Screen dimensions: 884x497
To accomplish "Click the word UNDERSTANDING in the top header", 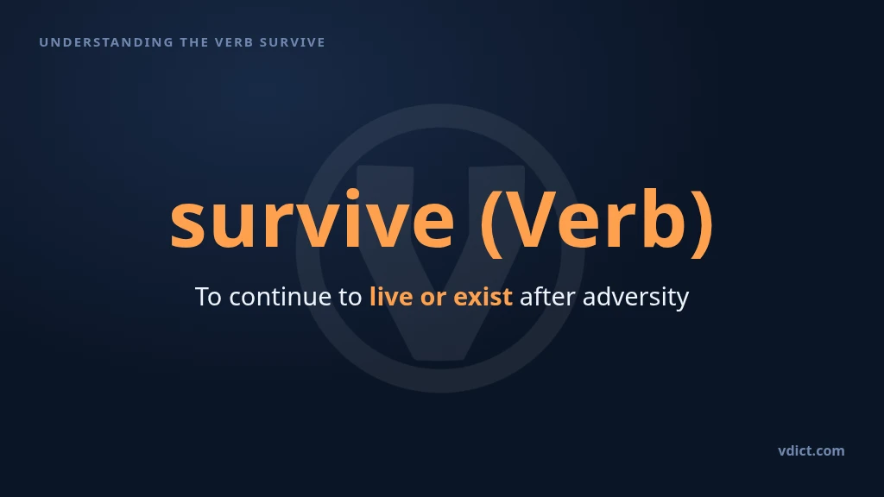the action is pos(106,42).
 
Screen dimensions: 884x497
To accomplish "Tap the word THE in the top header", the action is pos(194,42).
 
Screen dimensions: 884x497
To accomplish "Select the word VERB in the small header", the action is pos(234,42).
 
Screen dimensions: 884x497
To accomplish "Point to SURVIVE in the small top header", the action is pos(292,42).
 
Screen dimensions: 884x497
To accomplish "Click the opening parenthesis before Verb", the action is pos(491,223).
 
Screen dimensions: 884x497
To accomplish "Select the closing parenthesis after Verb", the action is pos(703,223).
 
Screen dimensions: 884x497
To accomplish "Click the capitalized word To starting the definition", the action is pos(208,297).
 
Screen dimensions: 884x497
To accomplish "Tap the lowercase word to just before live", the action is pos(350,297).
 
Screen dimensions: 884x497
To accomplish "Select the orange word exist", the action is pos(483,297).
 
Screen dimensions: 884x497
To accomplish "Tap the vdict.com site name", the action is pos(811,450).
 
